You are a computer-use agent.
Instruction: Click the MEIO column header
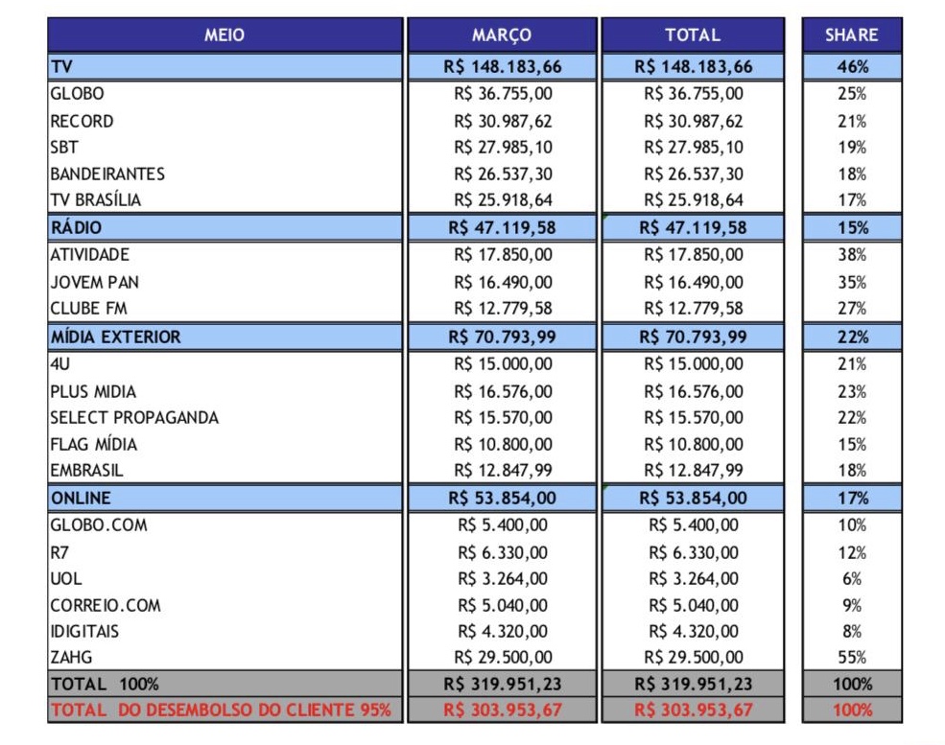(x=224, y=35)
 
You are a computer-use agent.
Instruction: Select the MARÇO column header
(x=501, y=35)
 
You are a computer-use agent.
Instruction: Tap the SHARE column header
(x=851, y=35)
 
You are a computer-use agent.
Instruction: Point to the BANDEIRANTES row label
(x=107, y=175)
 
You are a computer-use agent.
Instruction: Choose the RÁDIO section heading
(x=77, y=228)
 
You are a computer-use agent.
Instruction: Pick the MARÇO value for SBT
(x=503, y=148)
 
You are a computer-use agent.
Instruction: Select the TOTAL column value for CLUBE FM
(x=693, y=309)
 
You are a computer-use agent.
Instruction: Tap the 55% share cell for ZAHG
(x=852, y=658)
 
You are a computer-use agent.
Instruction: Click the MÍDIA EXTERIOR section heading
(x=116, y=338)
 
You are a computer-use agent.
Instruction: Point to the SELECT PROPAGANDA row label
(x=134, y=418)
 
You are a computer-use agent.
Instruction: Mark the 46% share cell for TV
(x=852, y=67)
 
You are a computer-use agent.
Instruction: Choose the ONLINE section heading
(x=81, y=499)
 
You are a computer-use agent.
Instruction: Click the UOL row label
(x=66, y=579)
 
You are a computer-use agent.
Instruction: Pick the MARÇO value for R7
(x=503, y=552)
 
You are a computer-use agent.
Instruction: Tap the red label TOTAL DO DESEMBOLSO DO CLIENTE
(x=221, y=710)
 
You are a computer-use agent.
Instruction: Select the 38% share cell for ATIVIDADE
(x=852, y=255)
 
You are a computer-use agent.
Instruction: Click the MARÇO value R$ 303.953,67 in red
(x=503, y=710)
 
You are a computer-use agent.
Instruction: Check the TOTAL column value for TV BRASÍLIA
(x=693, y=200)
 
